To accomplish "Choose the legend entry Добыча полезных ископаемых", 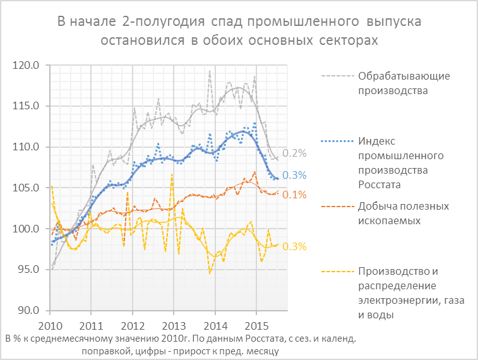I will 403,213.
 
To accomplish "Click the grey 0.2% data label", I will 294,153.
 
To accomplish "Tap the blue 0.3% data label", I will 294,175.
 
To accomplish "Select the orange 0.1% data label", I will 294,195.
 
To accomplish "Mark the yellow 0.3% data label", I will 294,246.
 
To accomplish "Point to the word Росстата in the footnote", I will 256,339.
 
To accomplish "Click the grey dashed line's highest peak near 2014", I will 210,71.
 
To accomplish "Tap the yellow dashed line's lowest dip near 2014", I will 210,273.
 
